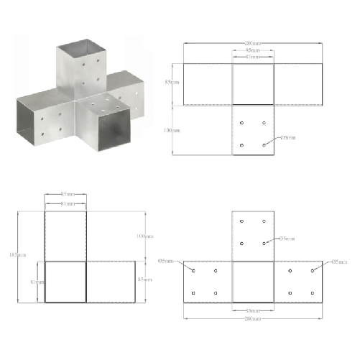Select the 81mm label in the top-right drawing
pyautogui.click(x=252, y=57)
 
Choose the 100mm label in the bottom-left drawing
pyautogui.click(x=144, y=236)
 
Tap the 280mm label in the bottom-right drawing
pyautogui.click(x=252, y=318)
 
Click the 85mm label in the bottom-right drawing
pyautogui.click(x=252, y=310)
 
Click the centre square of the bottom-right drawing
pyautogui.click(x=252, y=281)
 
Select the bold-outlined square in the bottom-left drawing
pyautogui.click(x=65, y=281)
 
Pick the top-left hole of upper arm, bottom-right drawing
pyautogui.click(x=242, y=221)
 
